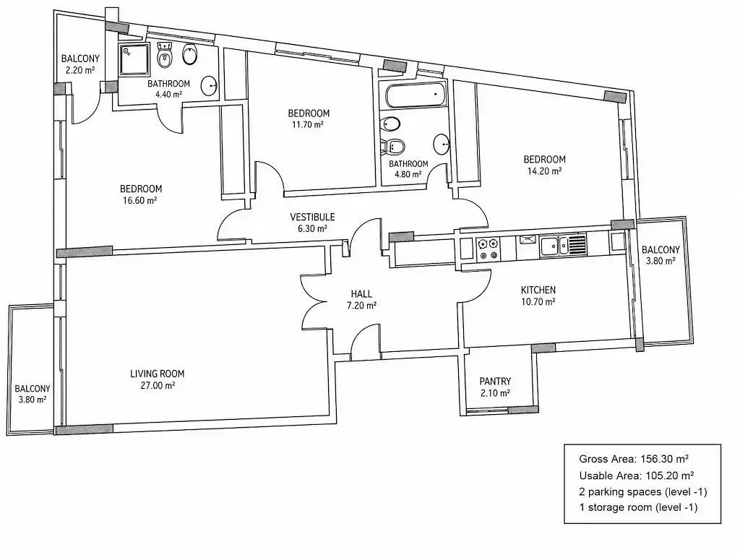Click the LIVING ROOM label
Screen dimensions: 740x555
[157, 374]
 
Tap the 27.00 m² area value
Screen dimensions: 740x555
[158, 386]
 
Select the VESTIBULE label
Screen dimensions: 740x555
[312, 217]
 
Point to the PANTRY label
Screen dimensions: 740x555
[495, 382]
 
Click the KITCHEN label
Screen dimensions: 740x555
[538, 290]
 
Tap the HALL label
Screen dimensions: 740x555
[361, 294]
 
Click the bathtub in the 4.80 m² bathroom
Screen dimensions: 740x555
[416, 95]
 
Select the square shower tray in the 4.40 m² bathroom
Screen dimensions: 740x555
[134, 60]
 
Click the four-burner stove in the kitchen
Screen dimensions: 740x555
[488, 249]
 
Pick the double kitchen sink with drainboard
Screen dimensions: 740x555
[564, 246]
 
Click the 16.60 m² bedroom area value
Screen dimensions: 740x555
[139, 201]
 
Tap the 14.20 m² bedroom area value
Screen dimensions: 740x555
[544, 171]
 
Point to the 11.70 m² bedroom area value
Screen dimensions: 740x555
[308, 125]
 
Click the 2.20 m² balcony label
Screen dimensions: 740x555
[80, 70]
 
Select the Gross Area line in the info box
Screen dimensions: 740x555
[633, 459]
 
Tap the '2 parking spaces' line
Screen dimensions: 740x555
[642, 491]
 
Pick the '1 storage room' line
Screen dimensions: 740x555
[638, 508]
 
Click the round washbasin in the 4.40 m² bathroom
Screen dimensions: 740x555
[209, 86]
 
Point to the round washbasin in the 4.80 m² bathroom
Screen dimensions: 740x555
[442, 144]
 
